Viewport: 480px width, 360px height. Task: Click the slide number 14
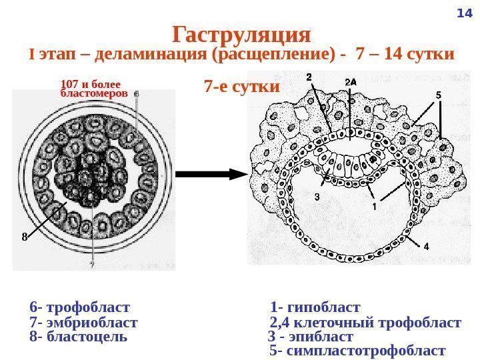point(464,14)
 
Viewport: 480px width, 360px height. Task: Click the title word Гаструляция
point(241,33)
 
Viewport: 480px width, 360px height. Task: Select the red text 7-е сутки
point(241,87)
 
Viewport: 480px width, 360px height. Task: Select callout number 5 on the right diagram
point(439,95)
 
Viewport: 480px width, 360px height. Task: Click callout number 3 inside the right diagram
point(317,197)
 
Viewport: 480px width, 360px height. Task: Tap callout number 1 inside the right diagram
point(374,207)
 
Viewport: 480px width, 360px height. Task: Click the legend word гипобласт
point(325,307)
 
